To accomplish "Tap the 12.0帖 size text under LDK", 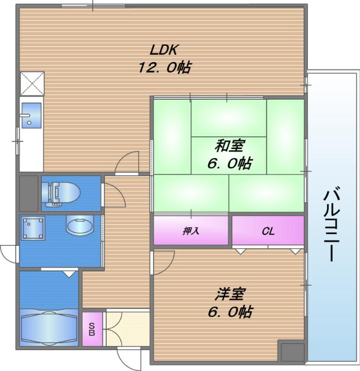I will pyautogui.click(x=164, y=67).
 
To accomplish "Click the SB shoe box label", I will pyautogui.click(x=92, y=329).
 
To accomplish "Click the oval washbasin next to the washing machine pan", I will pyautogui.click(x=79, y=225).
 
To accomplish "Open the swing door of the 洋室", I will pyautogui.click(x=163, y=262).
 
